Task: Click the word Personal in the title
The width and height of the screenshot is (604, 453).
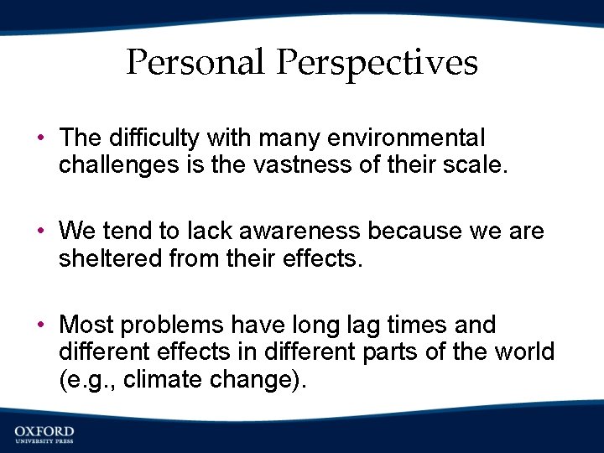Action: (x=198, y=63)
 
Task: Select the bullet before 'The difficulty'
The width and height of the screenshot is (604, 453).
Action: (x=41, y=138)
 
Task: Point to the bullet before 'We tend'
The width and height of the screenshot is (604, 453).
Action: (x=41, y=231)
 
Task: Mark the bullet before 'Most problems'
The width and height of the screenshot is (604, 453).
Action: (x=41, y=325)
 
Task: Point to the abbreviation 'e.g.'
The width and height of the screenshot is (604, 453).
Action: (x=84, y=380)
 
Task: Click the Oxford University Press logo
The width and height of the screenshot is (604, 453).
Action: (x=44, y=435)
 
